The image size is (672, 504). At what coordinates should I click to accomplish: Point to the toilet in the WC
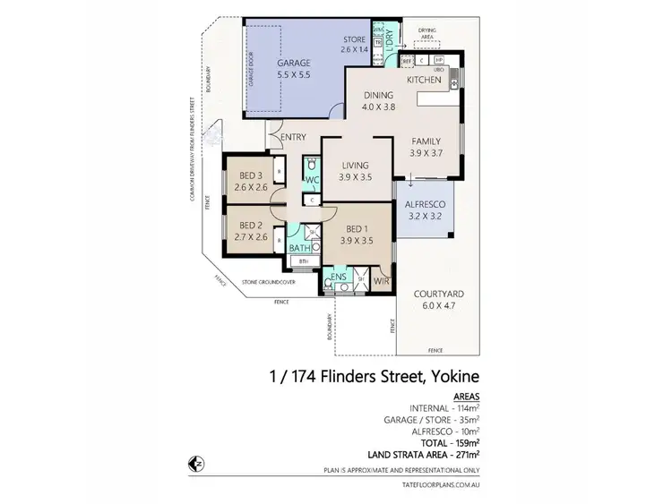point(311,166)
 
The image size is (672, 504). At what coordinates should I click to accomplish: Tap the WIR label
point(382,279)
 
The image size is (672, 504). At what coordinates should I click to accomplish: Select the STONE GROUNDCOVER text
point(270,282)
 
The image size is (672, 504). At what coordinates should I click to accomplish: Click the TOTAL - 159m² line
point(451,442)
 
